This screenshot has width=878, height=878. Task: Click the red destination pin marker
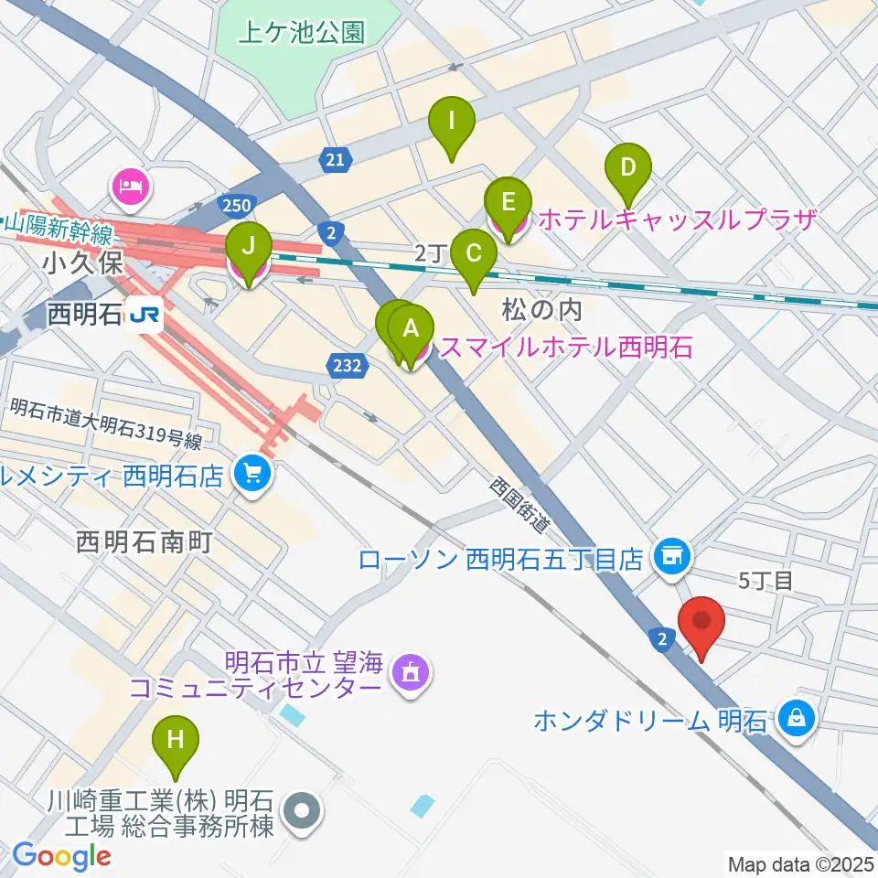(701, 626)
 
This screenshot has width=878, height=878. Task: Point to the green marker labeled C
(474, 256)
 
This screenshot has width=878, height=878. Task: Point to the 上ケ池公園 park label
(301, 34)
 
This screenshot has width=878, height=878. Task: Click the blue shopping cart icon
(253, 473)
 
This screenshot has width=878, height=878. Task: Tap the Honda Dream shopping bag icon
(797, 718)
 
